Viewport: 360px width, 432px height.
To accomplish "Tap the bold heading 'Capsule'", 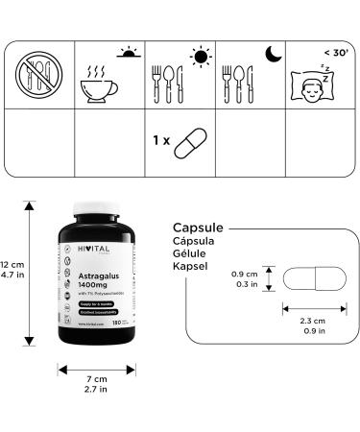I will click(x=198, y=228).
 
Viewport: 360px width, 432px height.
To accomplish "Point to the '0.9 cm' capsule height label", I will click(x=244, y=274).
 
